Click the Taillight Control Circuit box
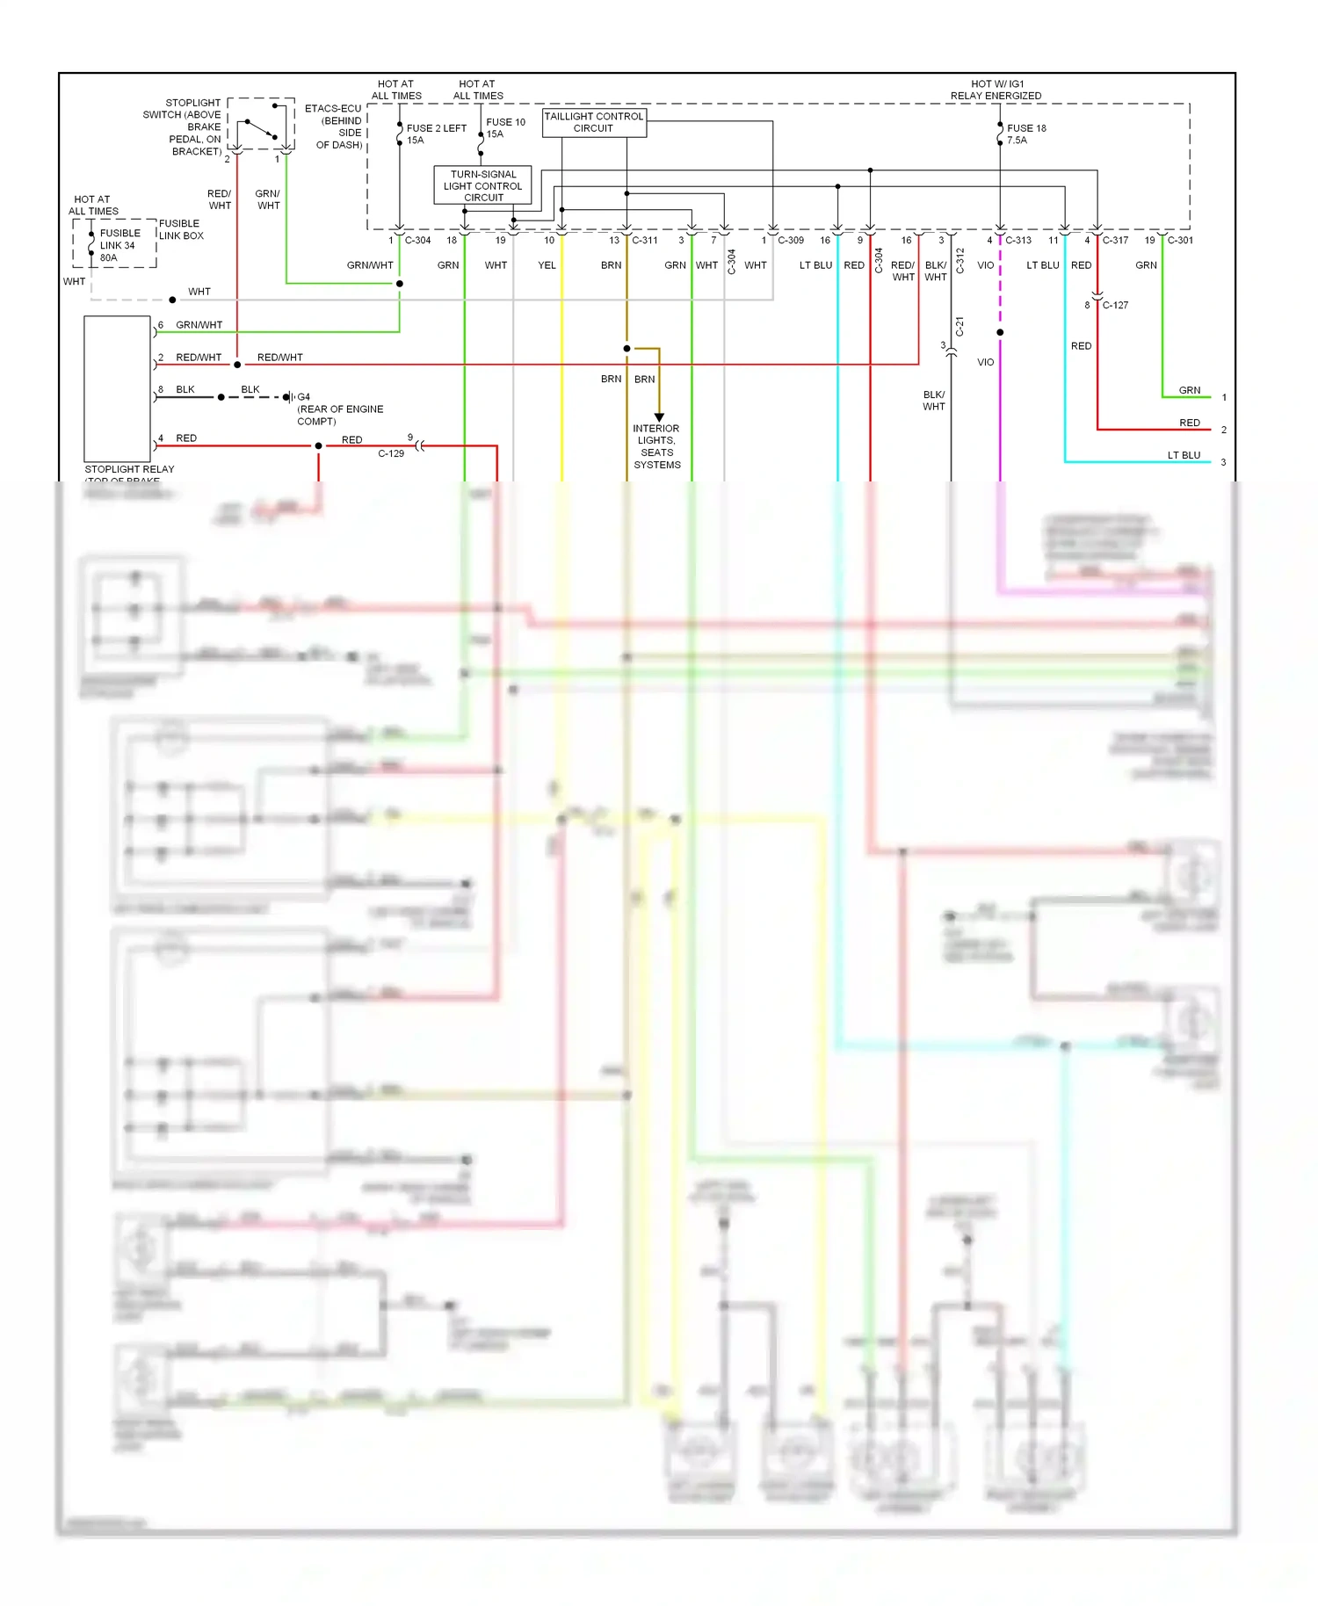(594, 122)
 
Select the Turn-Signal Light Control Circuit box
(482, 185)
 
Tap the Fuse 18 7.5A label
(1025, 134)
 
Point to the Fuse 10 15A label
(505, 128)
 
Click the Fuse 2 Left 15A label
(435, 134)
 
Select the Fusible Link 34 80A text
(119, 245)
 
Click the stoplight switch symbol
(261, 126)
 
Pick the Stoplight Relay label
(129, 469)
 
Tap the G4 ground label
(303, 397)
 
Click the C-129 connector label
(391, 453)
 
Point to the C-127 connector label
(1115, 305)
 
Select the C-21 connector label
(960, 326)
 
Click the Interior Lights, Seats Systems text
(656, 446)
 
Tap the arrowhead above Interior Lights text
(659, 417)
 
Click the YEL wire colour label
(547, 265)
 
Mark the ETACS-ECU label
(333, 109)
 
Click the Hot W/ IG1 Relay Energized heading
(996, 90)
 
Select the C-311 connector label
(644, 240)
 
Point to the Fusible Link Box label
(181, 229)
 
